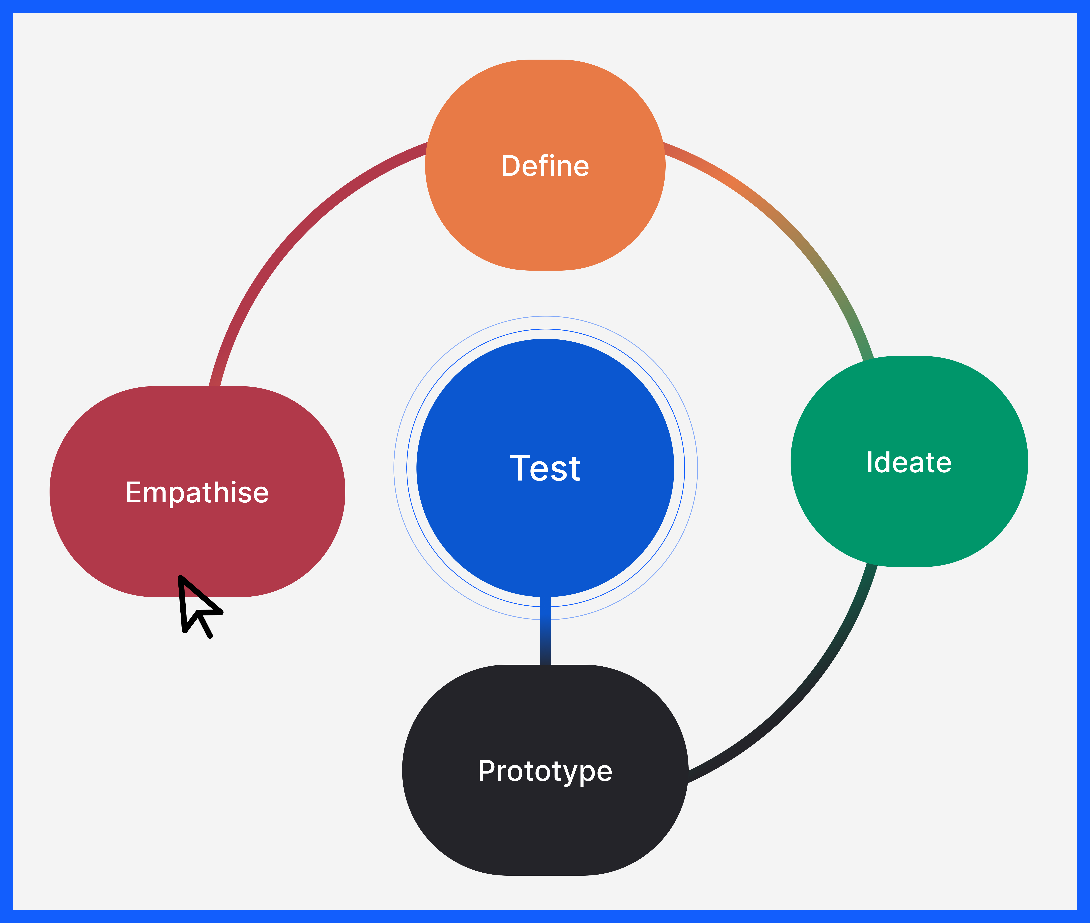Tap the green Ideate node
[909, 518]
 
